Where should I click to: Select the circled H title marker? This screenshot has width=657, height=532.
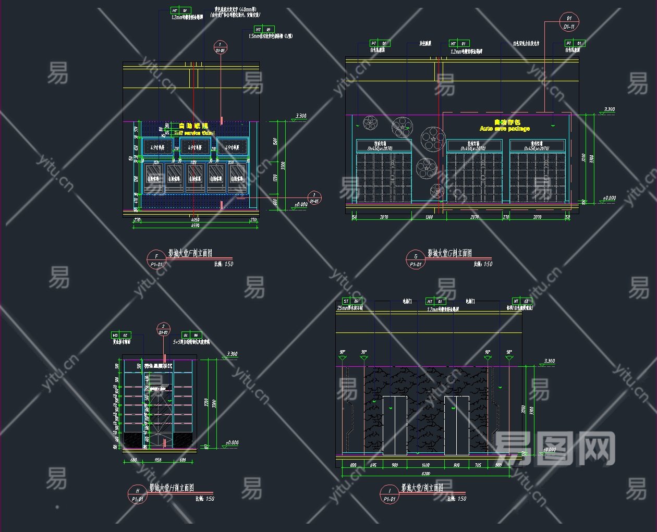tap(138, 491)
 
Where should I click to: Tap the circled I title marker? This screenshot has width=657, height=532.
tap(389, 491)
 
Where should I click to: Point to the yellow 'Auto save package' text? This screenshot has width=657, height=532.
tap(504, 129)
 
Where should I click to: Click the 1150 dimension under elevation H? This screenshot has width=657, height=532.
tap(158, 460)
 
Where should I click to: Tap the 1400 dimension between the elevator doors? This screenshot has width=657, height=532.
tap(425, 465)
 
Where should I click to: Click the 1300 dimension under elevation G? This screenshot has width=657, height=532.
tap(429, 217)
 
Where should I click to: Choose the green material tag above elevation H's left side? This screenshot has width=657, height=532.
tap(121, 336)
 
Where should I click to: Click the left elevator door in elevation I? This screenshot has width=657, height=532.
tap(394, 425)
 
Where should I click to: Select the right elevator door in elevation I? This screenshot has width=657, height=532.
tap(457, 425)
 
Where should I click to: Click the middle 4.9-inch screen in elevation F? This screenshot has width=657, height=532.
tap(195, 147)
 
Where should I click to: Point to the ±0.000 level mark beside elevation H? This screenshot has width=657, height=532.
tap(232, 443)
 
